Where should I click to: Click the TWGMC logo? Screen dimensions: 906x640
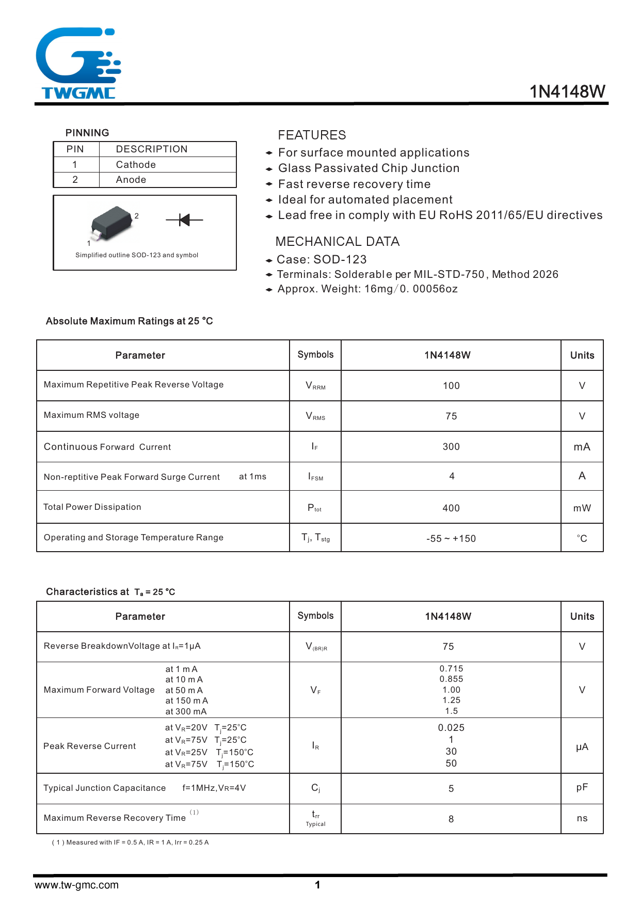[78, 63]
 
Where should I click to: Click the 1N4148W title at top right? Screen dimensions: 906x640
[567, 91]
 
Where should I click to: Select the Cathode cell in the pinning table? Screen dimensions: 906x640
[136, 165]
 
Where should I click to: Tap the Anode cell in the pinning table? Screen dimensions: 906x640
[131, 180]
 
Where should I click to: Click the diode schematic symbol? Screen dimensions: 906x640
[184, 220]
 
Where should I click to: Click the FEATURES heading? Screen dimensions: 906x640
[312, 135]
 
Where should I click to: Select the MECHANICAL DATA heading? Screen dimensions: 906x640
[338, 242]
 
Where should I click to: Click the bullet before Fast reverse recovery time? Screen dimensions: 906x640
[269, 184]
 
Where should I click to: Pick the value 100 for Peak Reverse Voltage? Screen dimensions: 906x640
[451, 386]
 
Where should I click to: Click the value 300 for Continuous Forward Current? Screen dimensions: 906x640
[451, 447]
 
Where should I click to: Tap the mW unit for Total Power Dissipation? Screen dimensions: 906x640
[582, 508]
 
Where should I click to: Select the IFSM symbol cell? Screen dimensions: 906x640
[315, 477]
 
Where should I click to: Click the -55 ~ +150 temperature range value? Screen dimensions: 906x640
[451, 539]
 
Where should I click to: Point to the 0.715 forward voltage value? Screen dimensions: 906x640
[451, 669]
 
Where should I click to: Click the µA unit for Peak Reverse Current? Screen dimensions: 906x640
[582, 747]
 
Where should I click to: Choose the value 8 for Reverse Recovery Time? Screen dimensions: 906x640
[451, 819]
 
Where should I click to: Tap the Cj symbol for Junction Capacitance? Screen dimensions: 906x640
[315, 788]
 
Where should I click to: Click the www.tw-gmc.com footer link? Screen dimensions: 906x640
[76, 885]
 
